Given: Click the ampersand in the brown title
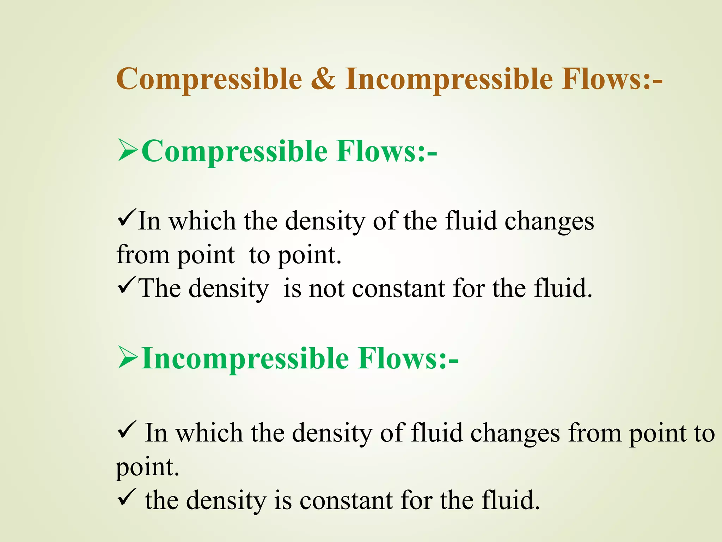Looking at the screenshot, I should coord(324,79).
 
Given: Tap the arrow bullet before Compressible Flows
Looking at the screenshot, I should coord(128,150).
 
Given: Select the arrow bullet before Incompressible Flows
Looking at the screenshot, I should coord(128,357).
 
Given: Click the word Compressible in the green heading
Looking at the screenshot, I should coord(235,152).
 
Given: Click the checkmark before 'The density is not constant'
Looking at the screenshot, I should coord(126,285).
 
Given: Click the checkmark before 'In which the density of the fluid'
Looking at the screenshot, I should coord(126,218).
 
